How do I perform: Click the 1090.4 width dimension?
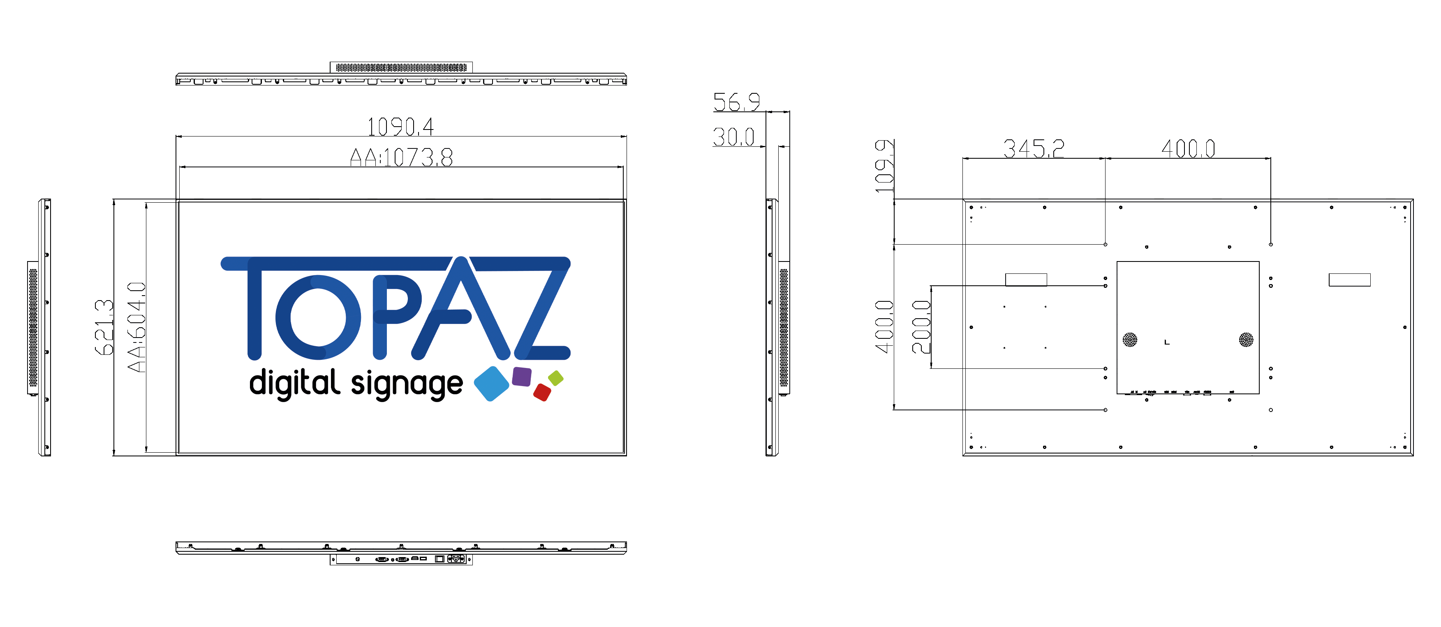400,127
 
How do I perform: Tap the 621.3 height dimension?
104,328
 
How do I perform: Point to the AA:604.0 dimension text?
136,327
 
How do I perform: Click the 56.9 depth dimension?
736,102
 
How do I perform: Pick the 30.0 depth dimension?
733,137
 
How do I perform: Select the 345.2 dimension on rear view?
1033,149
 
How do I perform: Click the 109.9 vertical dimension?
884,166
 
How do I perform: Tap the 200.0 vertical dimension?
921,327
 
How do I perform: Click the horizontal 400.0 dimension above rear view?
1188,149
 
